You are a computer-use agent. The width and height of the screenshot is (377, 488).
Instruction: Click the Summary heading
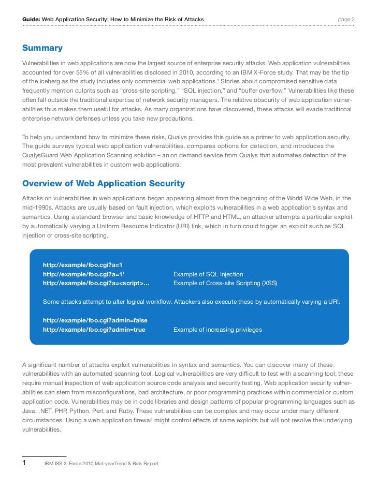[42, 48]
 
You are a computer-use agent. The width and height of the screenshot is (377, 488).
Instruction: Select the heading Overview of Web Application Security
[103, 183]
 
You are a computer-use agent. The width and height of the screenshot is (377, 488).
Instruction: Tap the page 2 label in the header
[346, 20]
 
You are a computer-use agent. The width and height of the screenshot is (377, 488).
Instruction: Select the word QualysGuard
[40, 156]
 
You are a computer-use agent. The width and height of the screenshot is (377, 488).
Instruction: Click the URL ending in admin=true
[94, 330]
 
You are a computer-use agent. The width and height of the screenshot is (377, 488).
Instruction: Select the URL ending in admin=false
[95, 320]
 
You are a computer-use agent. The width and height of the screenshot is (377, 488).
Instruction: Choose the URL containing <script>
[96, 283]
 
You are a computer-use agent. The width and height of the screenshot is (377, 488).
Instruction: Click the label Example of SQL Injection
[208, 274]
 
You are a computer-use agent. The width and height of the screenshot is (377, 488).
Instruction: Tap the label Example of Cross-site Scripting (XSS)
[225, 283]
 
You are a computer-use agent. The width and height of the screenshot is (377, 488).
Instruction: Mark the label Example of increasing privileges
[217, 330]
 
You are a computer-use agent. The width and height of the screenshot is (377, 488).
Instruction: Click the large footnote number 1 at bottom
[24, 463]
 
